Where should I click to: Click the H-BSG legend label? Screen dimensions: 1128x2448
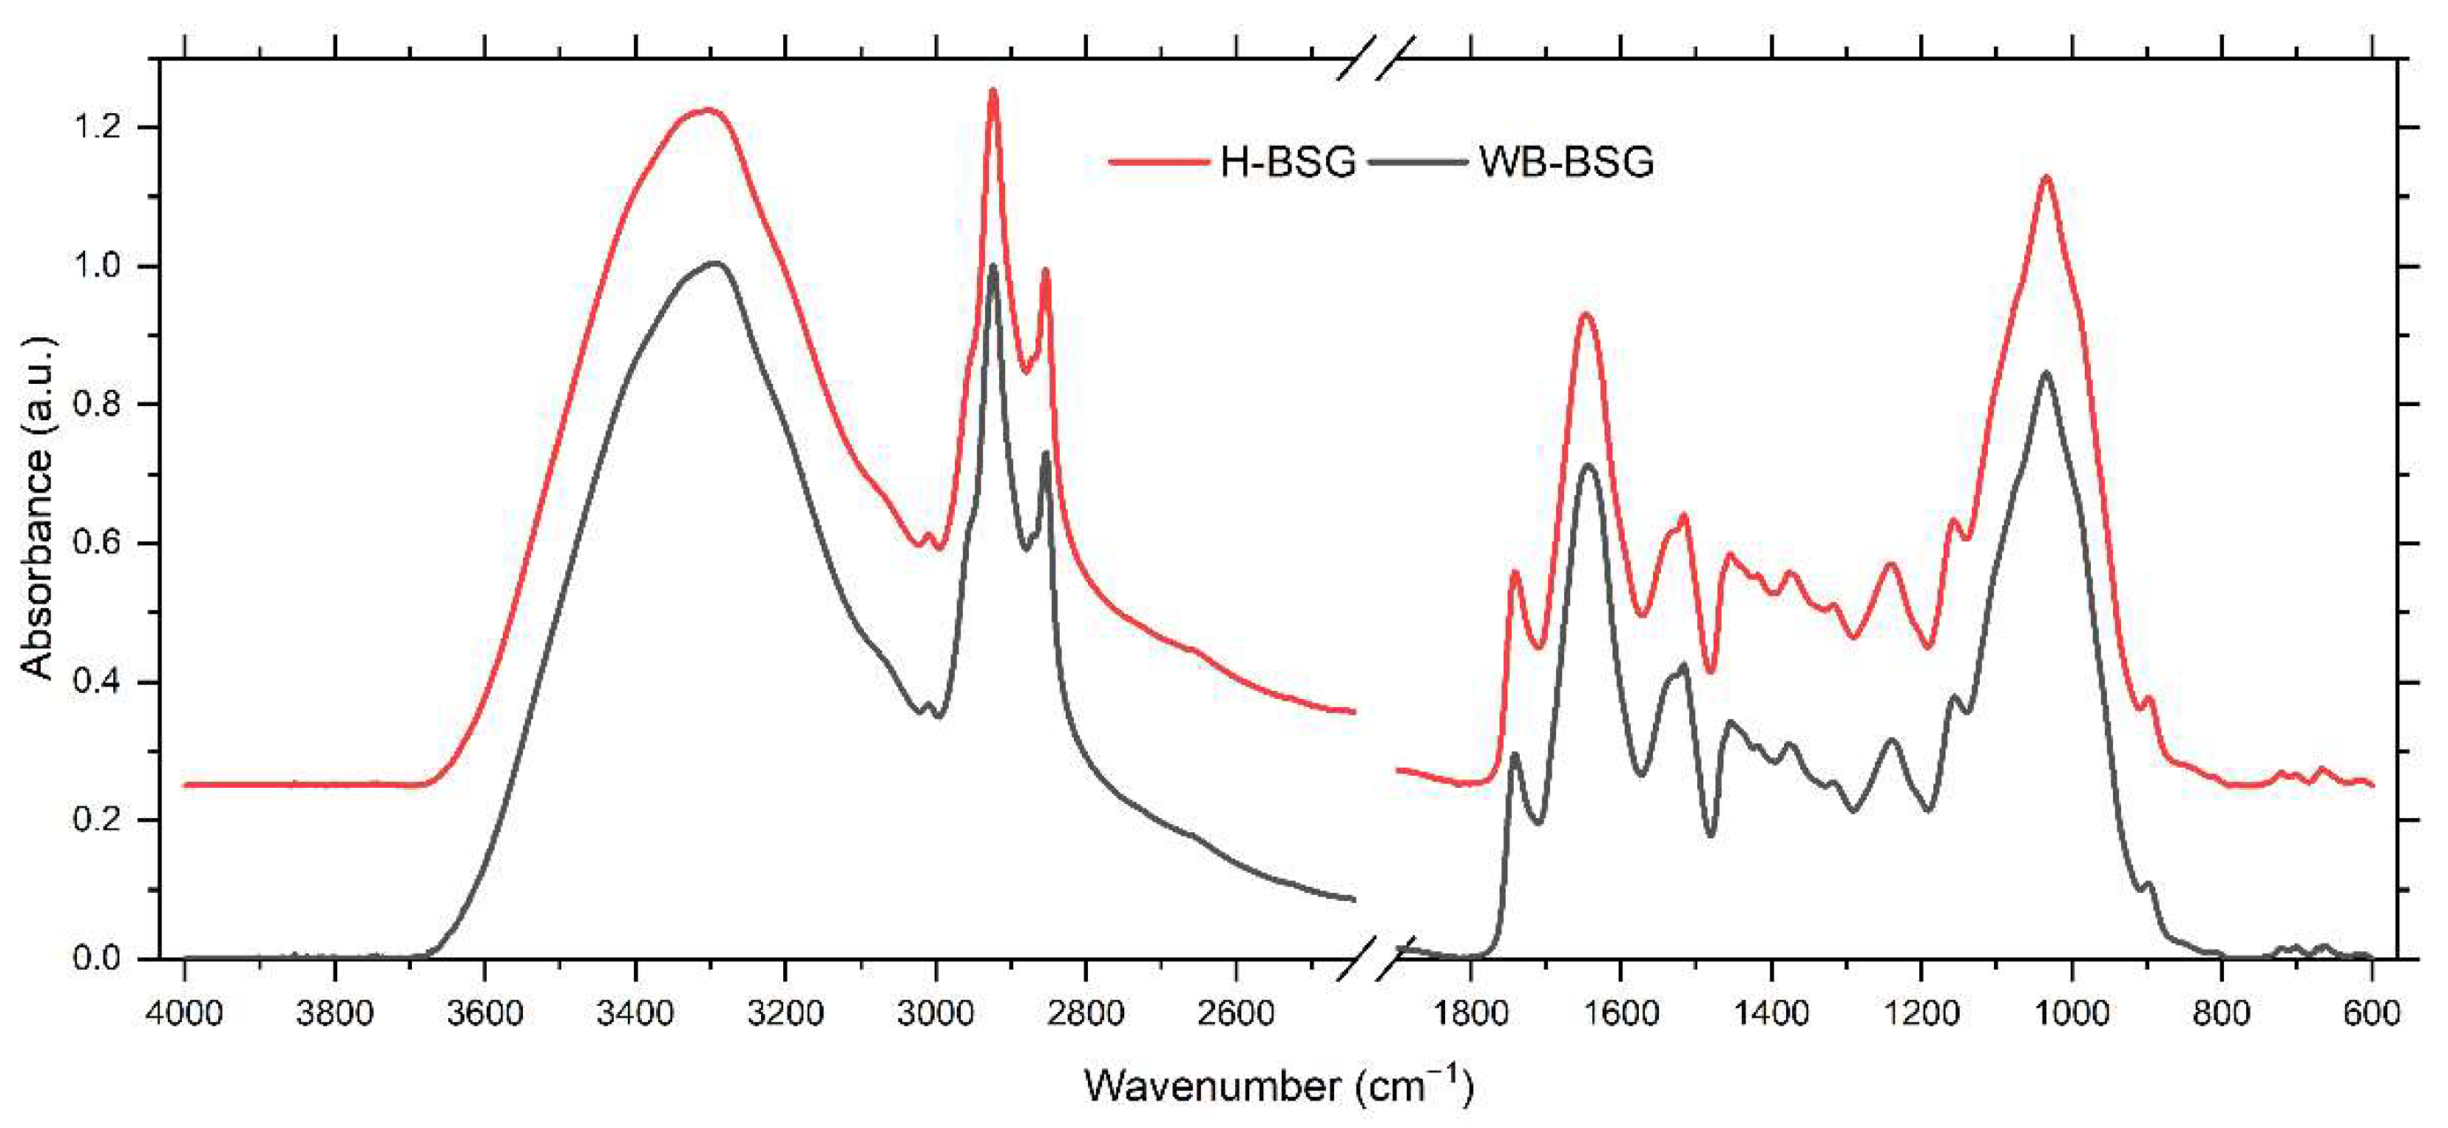[x=1288, y=163]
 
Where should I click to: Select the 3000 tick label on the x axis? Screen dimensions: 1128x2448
[x=936, y=1013]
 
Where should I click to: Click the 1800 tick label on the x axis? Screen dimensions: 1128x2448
[x=1470, y=1013]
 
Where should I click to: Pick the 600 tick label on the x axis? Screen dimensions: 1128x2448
[x=2372, y=1013]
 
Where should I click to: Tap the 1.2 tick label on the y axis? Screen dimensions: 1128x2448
[x=99, y=127]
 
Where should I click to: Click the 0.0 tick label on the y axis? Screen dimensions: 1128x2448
[x=99, y=958]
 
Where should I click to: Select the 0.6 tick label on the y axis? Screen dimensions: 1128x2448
[x=99, y=544]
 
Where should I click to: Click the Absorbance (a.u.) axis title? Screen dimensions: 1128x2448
[x=38, y=508]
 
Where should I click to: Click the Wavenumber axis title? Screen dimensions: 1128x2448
[x=1278, y=1085]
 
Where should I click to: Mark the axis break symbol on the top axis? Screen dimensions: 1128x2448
[x=1375, y=59]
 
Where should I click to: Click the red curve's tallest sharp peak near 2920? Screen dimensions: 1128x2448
[x=993, y=91]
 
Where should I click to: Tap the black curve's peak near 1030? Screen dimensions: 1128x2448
[x=2046, y=373]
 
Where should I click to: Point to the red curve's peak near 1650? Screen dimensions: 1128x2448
[x=1585, y=314]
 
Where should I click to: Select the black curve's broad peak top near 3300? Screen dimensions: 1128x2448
[x=714, y=263]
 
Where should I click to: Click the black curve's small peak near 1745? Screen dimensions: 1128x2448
[x=1515, y=754]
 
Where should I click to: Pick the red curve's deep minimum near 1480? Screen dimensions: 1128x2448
[x=1711, y=672]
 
